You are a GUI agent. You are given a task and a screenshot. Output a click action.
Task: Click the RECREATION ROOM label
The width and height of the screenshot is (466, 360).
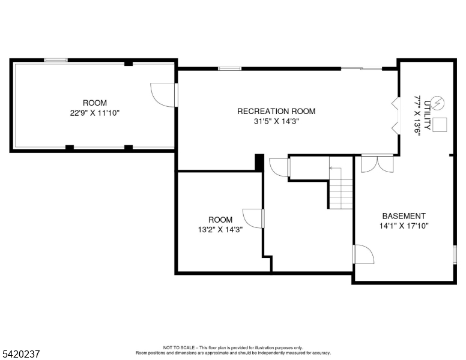click(x=276, y=111)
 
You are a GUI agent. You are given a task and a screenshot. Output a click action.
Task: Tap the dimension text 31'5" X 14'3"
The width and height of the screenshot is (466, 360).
click(x=276, y=121)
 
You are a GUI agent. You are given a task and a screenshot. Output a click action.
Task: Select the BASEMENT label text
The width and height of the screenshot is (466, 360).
click(x=404, y=216)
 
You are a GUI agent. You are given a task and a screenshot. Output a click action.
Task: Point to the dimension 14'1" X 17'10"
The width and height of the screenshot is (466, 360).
click(x=404, y=226)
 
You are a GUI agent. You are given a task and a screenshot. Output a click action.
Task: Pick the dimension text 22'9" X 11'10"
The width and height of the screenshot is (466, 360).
click(x=94, y=112)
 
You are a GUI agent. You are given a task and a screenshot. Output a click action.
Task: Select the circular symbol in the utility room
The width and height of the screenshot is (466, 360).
click(x=438, y=103)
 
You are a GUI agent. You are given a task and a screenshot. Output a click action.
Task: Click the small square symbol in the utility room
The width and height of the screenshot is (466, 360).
click(x=440, y=125)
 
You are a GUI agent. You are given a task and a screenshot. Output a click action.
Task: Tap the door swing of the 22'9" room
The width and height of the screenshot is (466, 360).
click(x=162, y=95)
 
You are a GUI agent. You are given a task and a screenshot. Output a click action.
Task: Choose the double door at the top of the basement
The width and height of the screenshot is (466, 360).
click(x=378, y=164)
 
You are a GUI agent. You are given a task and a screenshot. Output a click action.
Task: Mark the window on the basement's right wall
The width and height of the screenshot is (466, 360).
click(x=455, y=254)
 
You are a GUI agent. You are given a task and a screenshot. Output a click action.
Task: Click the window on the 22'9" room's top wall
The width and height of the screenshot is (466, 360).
click(x=56, y=60)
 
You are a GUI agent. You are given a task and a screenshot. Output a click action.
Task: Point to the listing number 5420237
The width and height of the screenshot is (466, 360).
click(x=20, y=354)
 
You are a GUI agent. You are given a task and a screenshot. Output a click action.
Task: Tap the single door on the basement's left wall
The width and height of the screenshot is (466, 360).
click(x=363, y=254)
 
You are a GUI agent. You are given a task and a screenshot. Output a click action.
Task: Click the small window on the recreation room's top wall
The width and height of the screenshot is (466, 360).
click(x=230, y=68)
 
